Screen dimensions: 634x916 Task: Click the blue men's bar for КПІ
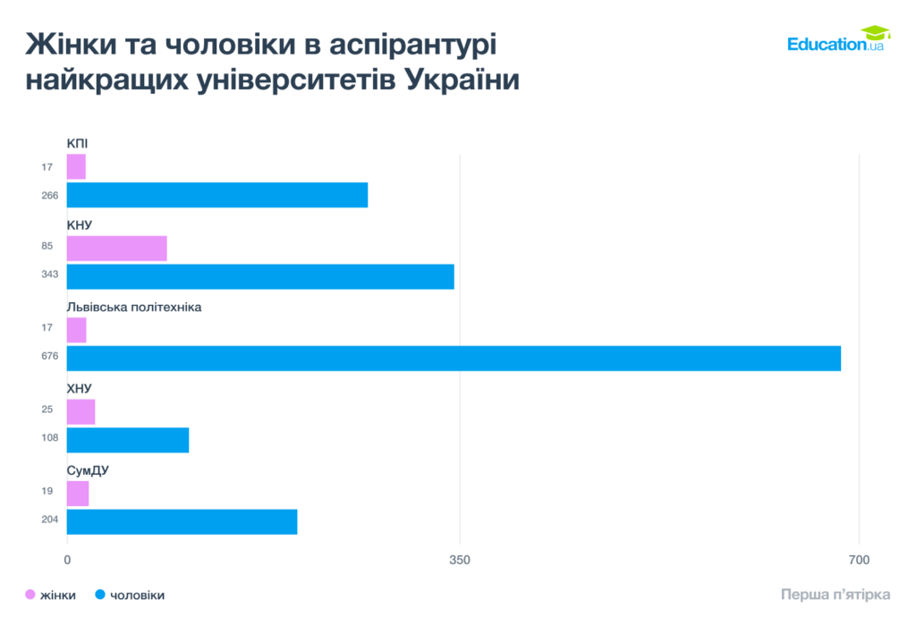pyautogui.click(x=217, y=195)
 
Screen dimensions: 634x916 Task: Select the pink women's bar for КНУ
pyautogui.click(x=117, y=248)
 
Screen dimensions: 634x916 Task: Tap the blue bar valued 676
pyautogui.click(x=454, y=358)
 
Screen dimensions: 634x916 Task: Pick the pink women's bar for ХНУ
pyautogui.click(x=81, y=411)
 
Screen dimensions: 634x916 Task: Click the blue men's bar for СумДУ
pyautogui.click(x=182, y=521)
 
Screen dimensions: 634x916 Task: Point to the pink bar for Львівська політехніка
pyautogui.click(x=77, y=330)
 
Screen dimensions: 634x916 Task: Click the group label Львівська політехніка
pyautogui.click(x=134, y=307)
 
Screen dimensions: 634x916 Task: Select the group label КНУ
pyautogui.click(x=80, y=225)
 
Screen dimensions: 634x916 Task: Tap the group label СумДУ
pyautogui.click(x=88, y=470)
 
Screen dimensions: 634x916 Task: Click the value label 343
pyautogui.click(x=50, y=274)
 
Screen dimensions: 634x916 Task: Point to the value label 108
pyautogui.click(x=50, y=437)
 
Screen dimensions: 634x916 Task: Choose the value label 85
pyautogui.click(x=47, y=246)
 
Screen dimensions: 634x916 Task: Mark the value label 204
pyautogui.click(x=50, y=520)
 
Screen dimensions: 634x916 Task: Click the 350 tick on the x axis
pyautogui.click(x=459, y=560)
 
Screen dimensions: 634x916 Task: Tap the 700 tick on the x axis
pyautogui.click(x=859, y=560)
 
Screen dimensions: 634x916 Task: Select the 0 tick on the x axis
pyautogui.click(x=67, y=560)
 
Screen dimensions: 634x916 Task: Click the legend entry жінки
pyautogui.click(x=51, y=595)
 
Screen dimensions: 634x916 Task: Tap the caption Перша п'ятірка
pyautogui.click(x=835, y=595)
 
